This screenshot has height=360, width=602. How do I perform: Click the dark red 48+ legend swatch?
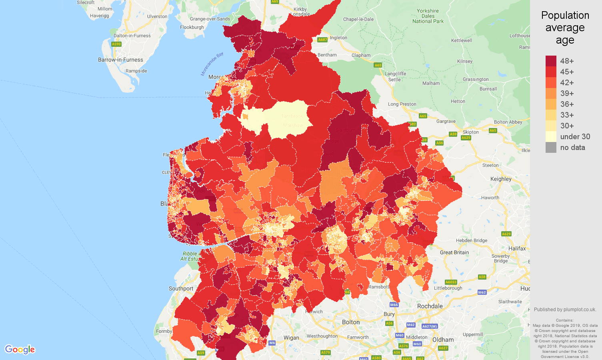551,61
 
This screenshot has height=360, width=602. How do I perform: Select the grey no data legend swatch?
551,147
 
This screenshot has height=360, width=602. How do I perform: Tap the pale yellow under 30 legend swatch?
551,136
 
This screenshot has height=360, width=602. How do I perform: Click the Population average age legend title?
565,28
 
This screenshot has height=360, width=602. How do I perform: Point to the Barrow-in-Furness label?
120,60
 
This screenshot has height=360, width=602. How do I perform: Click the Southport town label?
181,288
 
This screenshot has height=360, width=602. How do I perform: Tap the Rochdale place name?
430,306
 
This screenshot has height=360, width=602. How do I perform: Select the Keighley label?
501,179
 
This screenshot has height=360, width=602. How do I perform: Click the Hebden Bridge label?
472,240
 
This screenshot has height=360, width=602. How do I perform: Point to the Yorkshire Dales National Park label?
428,16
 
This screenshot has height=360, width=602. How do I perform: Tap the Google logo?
20,350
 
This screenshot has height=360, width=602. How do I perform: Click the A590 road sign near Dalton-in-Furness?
116,44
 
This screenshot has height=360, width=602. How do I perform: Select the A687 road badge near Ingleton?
322,40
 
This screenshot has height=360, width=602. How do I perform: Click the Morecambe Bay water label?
212,64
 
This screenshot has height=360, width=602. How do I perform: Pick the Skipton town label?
470,132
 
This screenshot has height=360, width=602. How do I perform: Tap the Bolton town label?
351,322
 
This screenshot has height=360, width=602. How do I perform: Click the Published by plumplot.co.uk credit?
565,309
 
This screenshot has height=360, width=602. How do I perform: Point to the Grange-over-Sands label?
210,19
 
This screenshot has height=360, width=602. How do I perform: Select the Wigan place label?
291,338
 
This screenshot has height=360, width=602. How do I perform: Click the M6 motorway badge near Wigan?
272,343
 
